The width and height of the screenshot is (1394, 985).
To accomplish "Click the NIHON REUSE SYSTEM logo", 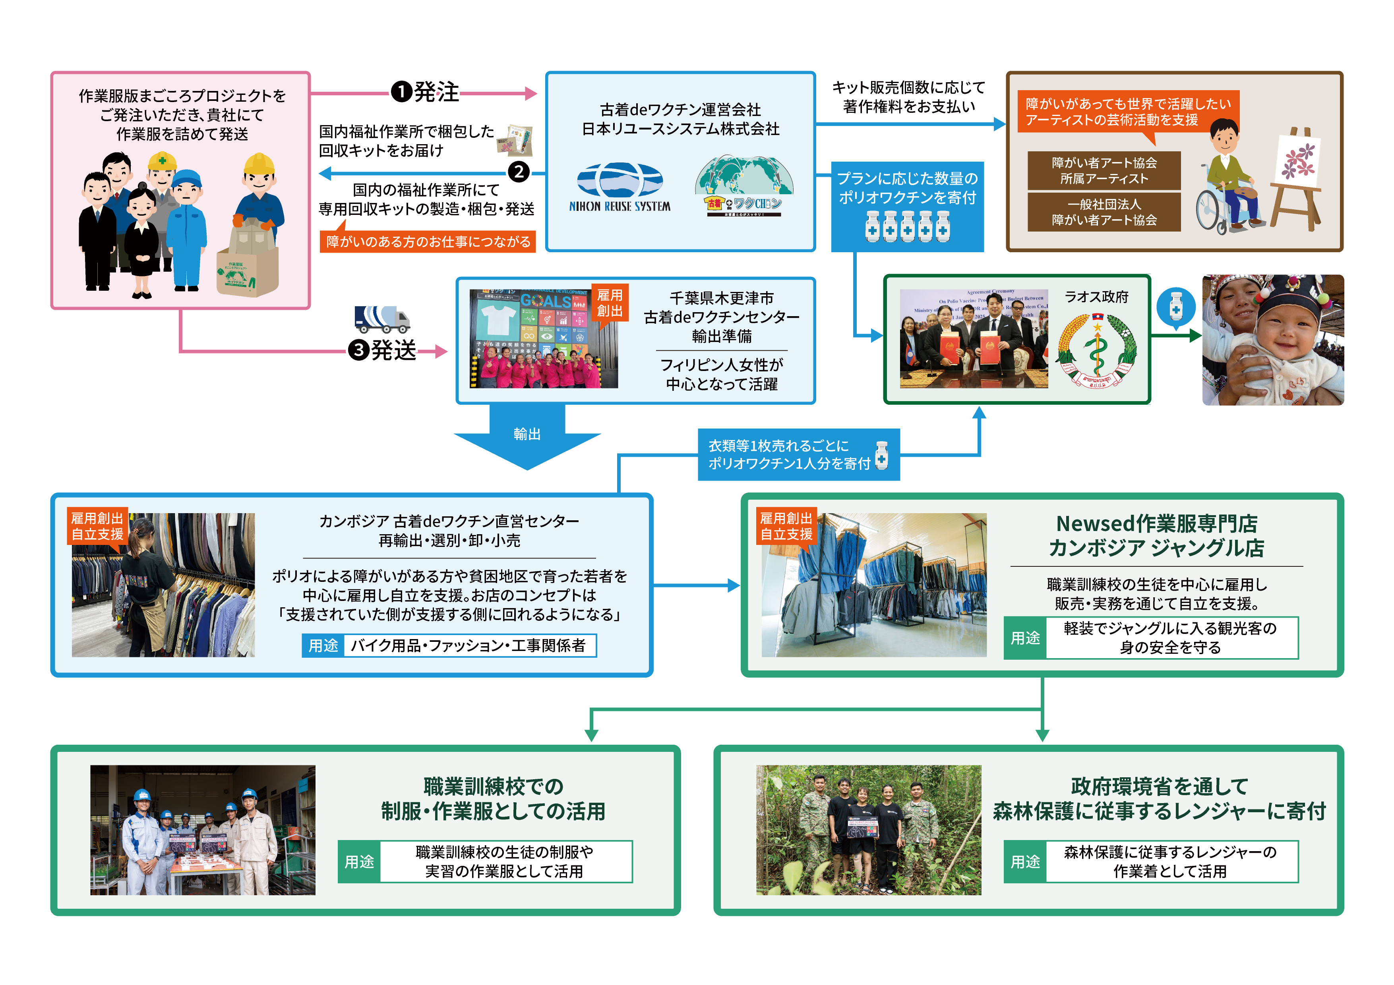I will (x=619, y=187).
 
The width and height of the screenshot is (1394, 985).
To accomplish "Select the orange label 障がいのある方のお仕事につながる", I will (x=428, y=241).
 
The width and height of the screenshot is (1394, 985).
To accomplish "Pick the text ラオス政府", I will (x=1096, y=297).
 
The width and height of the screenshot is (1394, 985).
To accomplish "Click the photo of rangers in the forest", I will (x=868, y=830).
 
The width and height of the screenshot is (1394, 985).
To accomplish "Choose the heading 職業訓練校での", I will (x=493, y=786).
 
